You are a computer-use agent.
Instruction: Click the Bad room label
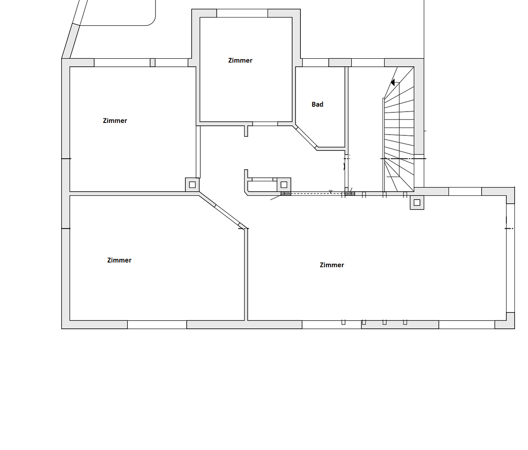coord(317,104)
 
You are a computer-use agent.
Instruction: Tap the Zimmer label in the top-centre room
coord(240,60)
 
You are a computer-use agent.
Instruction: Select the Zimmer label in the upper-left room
coord(115,121)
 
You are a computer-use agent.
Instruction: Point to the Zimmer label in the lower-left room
coord(119,260)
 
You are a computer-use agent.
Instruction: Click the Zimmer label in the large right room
coord(332,265)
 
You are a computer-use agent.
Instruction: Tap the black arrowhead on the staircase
coord(392,82)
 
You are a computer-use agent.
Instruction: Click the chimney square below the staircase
coord(417,203)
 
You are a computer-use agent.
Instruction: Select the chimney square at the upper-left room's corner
coord(192,185)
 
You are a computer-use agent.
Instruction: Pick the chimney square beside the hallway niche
coord(284,184)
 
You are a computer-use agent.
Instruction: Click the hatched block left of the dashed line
coord(285,193)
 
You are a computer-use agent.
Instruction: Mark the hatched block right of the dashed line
coord(350,193)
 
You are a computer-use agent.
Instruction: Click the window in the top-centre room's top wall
coord(242,13)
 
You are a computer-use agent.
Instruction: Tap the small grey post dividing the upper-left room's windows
coord(153,62)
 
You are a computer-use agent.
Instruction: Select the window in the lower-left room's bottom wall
coord(157,325)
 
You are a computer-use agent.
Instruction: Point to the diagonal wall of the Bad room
coord(305,137)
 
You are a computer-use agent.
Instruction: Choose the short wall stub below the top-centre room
coord(246,130)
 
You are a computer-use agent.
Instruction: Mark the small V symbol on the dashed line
coord(330,192)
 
